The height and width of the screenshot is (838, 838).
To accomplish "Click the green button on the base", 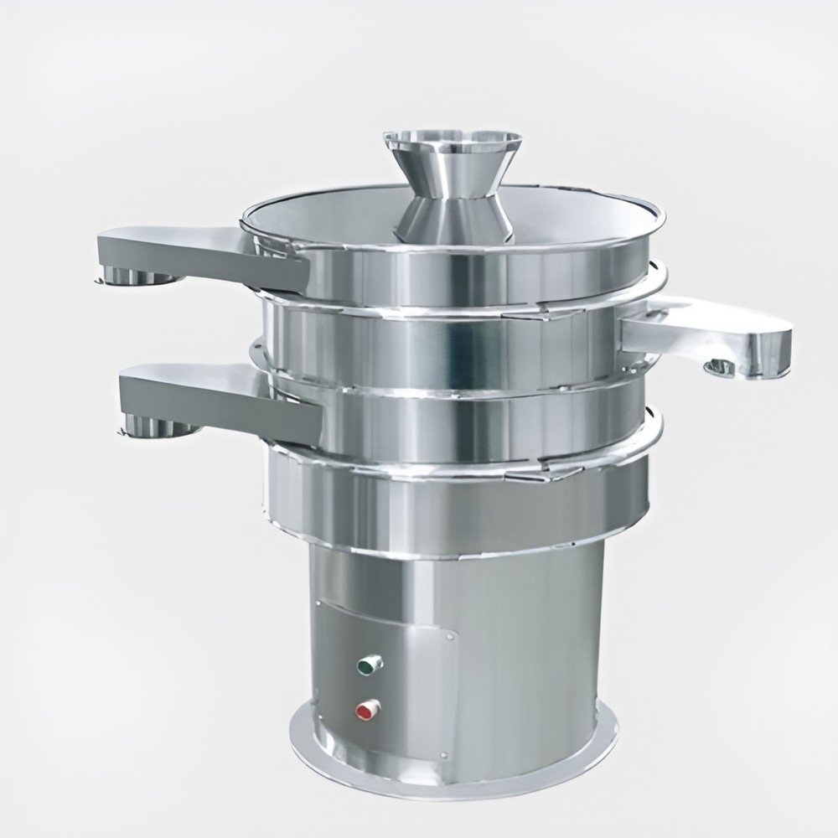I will coord(367,666).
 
